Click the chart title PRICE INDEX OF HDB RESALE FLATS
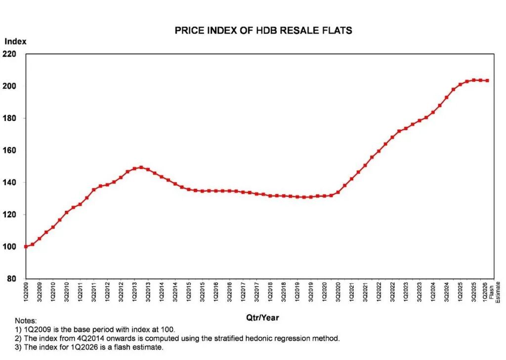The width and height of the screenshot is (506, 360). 263,31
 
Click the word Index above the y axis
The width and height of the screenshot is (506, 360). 15,42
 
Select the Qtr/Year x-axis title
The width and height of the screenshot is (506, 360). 262,318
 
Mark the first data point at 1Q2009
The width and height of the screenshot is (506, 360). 26,246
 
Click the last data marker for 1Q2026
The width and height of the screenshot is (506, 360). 488,80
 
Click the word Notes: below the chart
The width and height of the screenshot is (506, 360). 26,321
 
